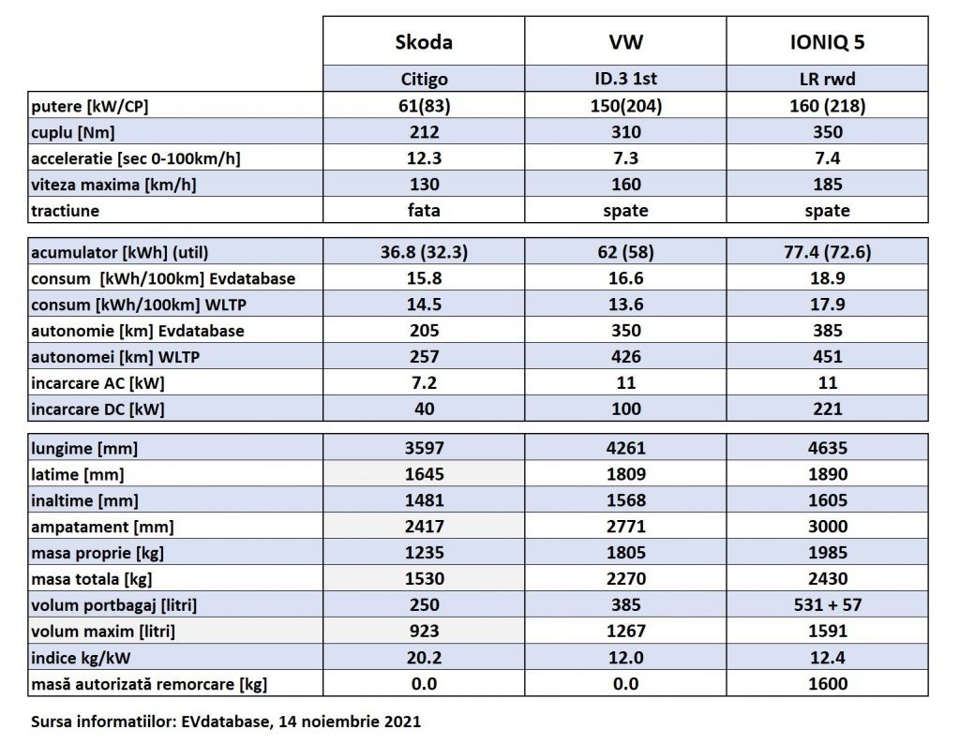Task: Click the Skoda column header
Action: click(424, 42)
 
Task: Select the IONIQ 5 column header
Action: click(828, 42)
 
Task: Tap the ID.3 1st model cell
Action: click(625, 80)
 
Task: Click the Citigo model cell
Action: click(424, 80)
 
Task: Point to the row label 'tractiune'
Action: click(66, 210)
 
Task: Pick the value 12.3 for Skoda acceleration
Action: click(424, 158)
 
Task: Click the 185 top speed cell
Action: click(828, 185)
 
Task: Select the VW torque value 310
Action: click(625, 132)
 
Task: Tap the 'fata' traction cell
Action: click(424, 211)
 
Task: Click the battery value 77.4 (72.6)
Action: click(828, 252)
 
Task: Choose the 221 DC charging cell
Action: click(828, 409)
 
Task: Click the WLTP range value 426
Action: click(625, 356)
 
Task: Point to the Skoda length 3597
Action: click(424, 449)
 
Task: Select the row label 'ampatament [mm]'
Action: click(102, 527)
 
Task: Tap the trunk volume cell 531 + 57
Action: click(828, 605)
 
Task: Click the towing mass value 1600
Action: click(828, 684)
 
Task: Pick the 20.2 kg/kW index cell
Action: click(424, 658)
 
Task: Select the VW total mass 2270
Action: click(625, 579)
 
